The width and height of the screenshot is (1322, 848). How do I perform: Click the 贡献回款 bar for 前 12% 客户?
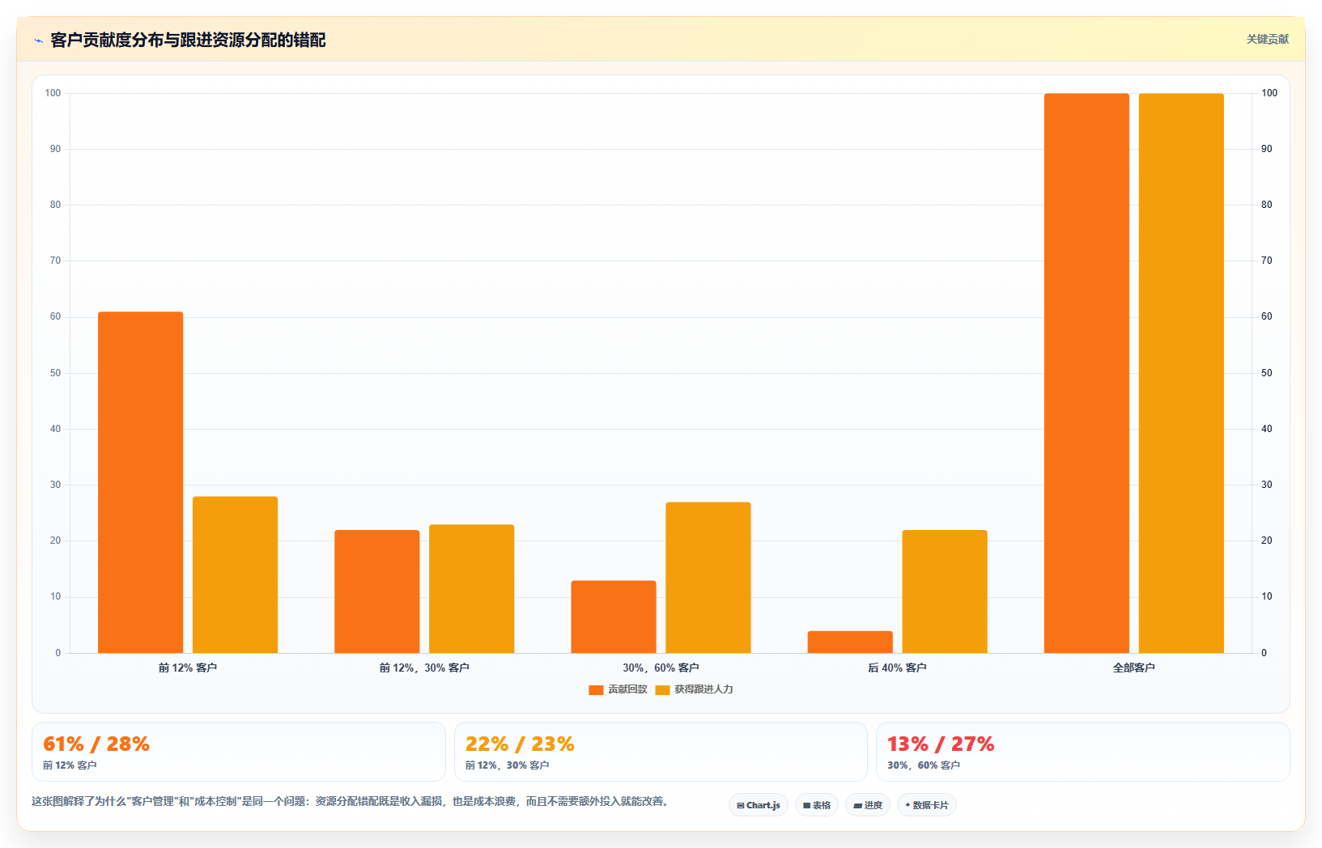coord(141,482)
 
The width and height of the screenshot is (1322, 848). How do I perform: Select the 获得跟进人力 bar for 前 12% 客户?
coord(235,575)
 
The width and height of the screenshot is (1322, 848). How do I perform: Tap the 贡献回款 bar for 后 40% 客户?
coord(850,642)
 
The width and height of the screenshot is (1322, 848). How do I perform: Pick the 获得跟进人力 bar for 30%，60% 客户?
coord(708,578)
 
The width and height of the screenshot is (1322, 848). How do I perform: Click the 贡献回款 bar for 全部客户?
coord(1086,373)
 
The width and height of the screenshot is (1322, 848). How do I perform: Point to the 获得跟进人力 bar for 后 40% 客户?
coord(945,591)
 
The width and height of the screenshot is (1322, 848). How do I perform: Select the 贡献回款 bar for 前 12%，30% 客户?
coord(377,591)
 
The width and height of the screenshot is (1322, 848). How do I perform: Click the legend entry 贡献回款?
coord(618,689)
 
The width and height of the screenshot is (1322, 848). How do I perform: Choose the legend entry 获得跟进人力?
coord(694,689)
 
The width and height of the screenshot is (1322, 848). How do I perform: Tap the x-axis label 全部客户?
coord(1133,668)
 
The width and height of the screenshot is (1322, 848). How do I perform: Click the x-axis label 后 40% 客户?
coord(897,668)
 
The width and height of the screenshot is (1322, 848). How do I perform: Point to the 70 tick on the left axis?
coord(56,261)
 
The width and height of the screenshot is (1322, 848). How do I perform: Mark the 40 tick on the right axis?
coord(1266,429)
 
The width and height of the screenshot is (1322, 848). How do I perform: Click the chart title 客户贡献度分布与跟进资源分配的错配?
coord(188,40)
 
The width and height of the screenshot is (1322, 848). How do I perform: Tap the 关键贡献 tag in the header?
coord(1267,40)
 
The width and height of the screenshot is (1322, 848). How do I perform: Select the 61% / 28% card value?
coord(96,744)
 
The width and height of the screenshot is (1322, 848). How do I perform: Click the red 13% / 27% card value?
coord(941,744)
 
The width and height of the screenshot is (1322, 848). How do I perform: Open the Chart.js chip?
coord(759,805)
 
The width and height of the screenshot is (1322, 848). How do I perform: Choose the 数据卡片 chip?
coord(927,805)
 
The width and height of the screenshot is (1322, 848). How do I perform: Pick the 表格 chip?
coord(817,805)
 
